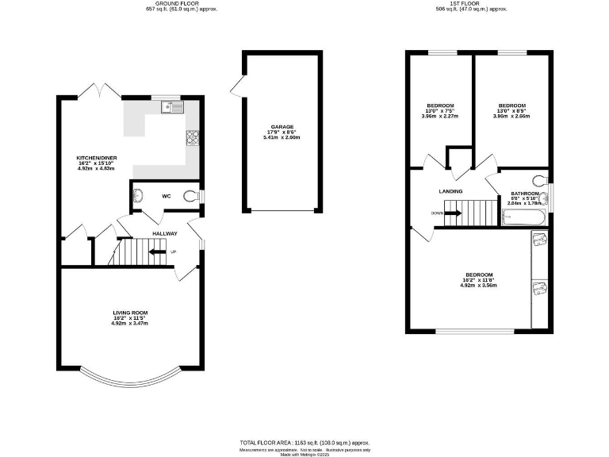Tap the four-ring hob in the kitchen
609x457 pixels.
click(x=191, y=138)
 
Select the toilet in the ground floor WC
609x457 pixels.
click(x=190, y=196)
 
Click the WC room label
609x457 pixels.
click(x=167, y=196)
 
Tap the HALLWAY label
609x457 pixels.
click(x=165, y=233)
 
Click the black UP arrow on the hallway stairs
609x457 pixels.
click(x=158, y=252)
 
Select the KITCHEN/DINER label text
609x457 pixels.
click(x=97, y=158)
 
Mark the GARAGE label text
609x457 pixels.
click(x=282, y=127)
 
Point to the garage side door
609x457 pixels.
click(x=236, y=84)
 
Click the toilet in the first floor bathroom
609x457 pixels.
click(x=541, y=180)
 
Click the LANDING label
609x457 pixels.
click(x=451, y=191)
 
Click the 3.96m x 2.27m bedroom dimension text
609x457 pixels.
click(x=440, y=116)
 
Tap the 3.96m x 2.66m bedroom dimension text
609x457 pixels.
click(x=511, y=116)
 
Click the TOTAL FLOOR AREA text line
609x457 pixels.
click(x=304, y=442)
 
